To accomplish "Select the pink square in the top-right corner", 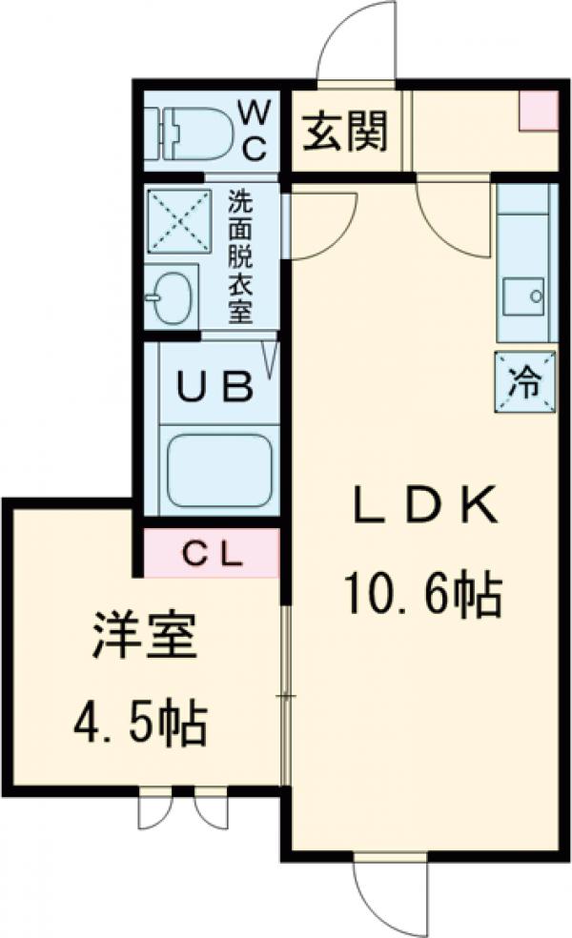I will tap(537, 109).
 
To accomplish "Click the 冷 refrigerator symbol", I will tap(524, 383).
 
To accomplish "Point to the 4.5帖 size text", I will tap(140, 724).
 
